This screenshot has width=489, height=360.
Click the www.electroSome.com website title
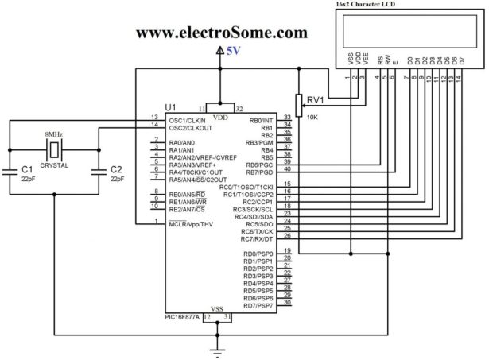(222, 33)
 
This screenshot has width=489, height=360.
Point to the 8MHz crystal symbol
(54, 149)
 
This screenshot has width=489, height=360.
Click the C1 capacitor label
(27, 169)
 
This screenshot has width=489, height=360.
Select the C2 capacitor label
(116, 169)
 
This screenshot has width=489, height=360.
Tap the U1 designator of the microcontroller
(171, 107)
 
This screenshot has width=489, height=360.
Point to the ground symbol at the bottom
(216, 347)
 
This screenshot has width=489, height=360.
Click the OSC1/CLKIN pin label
(188, 120)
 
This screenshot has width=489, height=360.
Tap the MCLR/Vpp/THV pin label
(191, 225)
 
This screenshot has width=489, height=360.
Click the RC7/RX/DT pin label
(257, 238)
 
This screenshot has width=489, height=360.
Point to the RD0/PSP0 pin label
(258, 254)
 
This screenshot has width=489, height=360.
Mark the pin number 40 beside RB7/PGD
(287, 168)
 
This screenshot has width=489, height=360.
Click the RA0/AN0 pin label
(182, 142)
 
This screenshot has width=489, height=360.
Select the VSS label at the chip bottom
(216, 308)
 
